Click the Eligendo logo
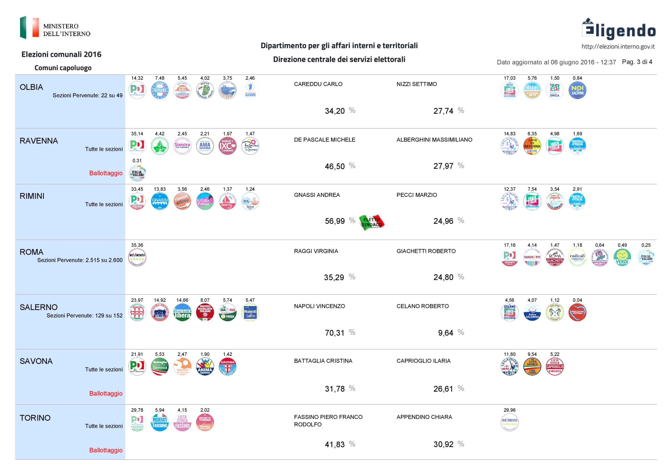[618, 29]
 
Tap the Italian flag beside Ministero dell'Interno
[29, 27]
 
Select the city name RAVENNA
[39, 141]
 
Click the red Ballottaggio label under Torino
[106, 450]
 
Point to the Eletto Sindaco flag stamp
[371, 222]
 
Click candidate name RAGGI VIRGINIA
[316, 251]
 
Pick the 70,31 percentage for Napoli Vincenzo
[335, 333]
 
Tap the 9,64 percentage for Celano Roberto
[445, 333]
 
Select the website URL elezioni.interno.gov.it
[618, 47]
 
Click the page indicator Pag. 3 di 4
[637, 62]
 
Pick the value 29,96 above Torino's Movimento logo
[509, 410]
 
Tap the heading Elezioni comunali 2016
[61, 54]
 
